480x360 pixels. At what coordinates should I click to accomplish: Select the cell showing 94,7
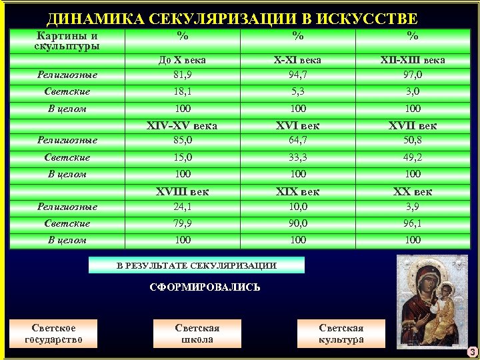click(298, 74)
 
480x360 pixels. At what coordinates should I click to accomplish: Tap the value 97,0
click(413, 74)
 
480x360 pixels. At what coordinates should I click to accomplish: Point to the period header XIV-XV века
click(182, 125)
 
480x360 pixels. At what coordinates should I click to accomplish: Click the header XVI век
click(298, 125)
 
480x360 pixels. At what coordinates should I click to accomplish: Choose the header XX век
click(413, 191)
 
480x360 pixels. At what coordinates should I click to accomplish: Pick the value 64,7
click(298, 140)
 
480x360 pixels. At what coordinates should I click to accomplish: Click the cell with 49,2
click(413, 157)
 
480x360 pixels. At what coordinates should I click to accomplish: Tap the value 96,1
click(413, 223)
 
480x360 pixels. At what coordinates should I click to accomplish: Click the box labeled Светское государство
click(53, 333)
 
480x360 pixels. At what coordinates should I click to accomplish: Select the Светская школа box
click(197, 333)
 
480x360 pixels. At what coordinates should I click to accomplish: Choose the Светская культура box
click(341, 333)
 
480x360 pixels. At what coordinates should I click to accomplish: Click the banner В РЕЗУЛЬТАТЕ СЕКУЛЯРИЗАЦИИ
click(197, 265)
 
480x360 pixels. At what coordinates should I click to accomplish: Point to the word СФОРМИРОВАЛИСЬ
click(205, 288)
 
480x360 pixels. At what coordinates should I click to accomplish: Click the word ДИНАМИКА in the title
click(91, 19)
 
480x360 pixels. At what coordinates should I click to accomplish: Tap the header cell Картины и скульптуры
click(67, 41)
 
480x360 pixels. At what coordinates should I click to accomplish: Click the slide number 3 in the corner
click(471, 351)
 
